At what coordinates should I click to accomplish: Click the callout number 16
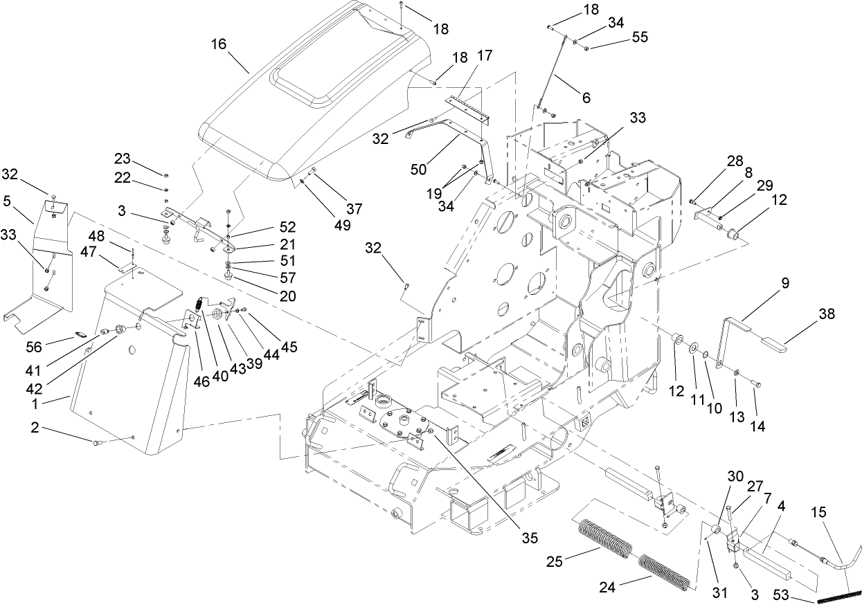coord(218,44)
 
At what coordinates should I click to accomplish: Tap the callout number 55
coord(640,37)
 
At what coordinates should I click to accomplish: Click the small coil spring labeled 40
coord(198,305)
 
